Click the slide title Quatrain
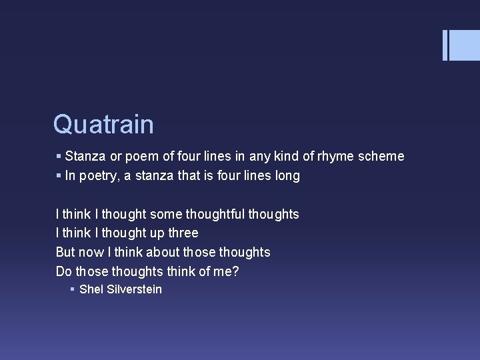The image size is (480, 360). coord(103,125)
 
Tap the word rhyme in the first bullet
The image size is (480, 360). coord(339,156)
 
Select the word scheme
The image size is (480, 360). coord(381,156)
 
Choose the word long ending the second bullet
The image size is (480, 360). coord(285,176)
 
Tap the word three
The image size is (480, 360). coord(184,233)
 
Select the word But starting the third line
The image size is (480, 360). coord(65,252)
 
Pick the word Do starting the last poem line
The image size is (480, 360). coord(63,271)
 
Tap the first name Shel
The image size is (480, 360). coord(91,289)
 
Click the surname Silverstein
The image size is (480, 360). coord(133,289)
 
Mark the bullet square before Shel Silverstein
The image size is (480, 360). coord(72,289)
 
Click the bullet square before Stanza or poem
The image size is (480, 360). coord(59,156)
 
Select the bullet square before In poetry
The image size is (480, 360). coord(59,176)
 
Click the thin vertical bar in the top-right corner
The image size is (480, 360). coord(445,45)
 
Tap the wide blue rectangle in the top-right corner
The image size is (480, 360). coord(465,45)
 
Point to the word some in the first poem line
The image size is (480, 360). coord(165,214)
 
